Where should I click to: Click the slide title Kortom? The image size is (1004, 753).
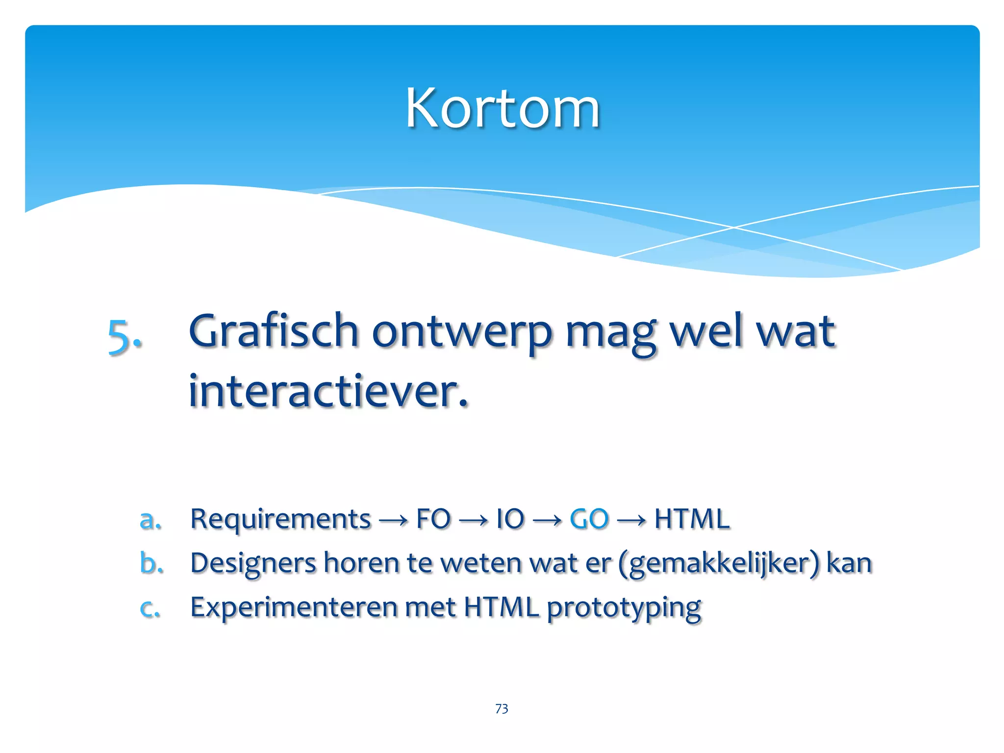[502, 108]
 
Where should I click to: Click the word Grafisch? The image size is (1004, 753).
[274, 331]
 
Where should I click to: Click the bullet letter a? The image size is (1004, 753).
[150, 519]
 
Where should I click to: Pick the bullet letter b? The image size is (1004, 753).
[151, 563]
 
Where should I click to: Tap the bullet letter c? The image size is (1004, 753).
[150, 608]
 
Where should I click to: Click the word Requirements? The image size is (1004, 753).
[280, 519]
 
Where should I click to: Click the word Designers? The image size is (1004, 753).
[253, 563]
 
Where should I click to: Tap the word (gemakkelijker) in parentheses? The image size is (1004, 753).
[719, 564]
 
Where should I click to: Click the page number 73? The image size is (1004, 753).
[502, 708]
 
